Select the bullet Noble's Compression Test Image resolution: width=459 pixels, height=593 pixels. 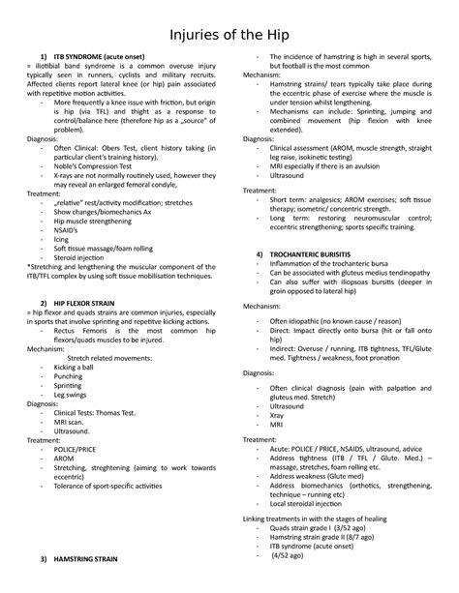[x=99, y=165]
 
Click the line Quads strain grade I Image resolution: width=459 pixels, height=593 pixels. [x=322, y=528]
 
